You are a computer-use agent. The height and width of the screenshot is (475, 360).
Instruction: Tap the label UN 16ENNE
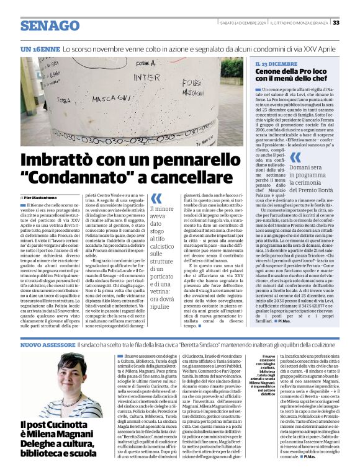pyautogui.click(x=41, y=48)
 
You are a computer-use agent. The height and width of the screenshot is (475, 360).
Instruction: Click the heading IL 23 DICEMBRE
pyautogui.click(x=276, y=64)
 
